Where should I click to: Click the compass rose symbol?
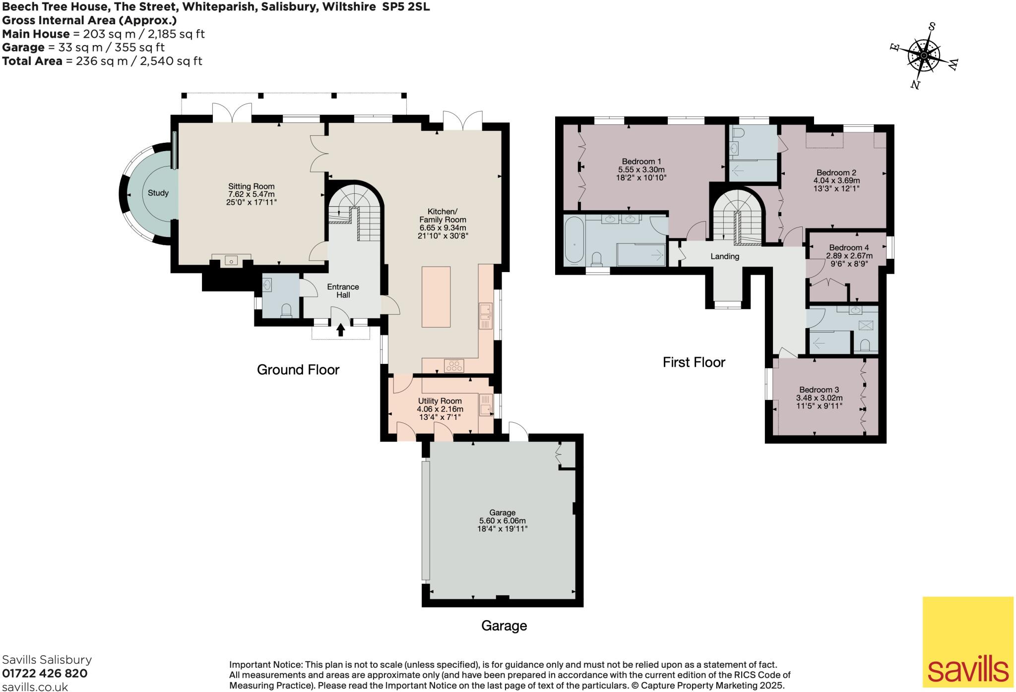click(924, 56)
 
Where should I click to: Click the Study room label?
click(158, 193)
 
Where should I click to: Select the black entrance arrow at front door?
click(341, 330)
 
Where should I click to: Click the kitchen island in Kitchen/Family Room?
click(436, 296)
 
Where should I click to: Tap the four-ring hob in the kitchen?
click(454, 366)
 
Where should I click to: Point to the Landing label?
click(725, 256)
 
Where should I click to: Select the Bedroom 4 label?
click(849, 247)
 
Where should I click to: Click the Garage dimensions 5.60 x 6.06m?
click(502, 520)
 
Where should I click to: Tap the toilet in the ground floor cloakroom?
click(286, 310)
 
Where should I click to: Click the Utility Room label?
click(440, 401)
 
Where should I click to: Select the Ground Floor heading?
click(298, 369)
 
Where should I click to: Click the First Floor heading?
click(694, 362)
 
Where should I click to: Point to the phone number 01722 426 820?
click(45, 673)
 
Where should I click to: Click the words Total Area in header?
click(32, 61)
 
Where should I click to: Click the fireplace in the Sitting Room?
click(231, 260)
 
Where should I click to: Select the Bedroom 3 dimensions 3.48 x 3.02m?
click(819, 398)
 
